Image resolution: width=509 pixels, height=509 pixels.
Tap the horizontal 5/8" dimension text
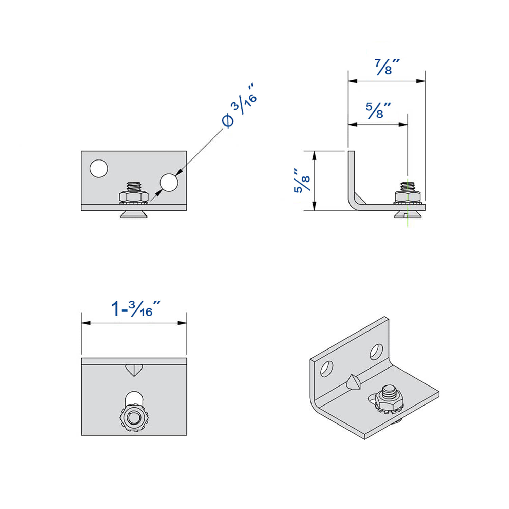(x=377, y=110)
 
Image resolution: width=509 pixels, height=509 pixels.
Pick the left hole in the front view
(x=99, y=168)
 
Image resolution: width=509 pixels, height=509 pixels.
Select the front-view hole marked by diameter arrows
(x=169, y=182)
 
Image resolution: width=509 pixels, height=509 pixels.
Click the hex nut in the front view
(x=134, y=197)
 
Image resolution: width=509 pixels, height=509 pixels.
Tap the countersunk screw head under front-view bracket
(x=134, y=214)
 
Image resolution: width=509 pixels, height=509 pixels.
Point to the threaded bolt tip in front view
(x=134, y=186)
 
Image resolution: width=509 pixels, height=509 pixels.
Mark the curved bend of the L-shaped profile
(x=353, y=202)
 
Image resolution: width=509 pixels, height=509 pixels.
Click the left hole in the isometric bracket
(x=326, y=369)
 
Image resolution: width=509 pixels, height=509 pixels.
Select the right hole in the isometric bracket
(x=376, y=352)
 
